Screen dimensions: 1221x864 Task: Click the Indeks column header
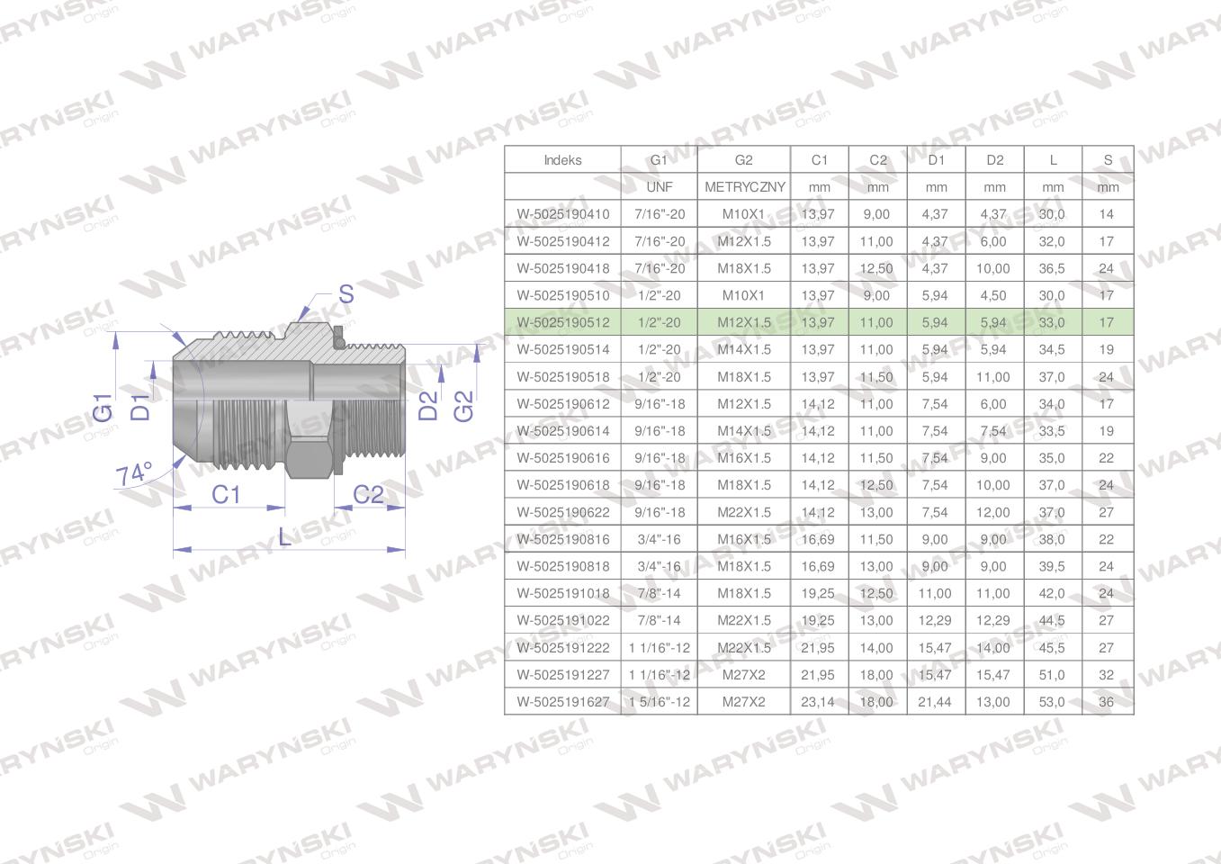point(562,160)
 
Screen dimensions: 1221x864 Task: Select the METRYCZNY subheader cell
point(745,187)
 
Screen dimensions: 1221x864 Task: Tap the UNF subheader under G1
point(659,187)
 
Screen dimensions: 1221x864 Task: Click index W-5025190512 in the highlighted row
point(563,323)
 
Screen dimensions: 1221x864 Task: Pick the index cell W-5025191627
point(563,702)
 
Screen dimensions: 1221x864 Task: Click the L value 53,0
point(1052,702)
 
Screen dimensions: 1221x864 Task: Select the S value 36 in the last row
point(1106,702)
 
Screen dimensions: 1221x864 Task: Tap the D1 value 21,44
point(934,702)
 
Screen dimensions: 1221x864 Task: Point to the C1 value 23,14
point(818,702)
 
